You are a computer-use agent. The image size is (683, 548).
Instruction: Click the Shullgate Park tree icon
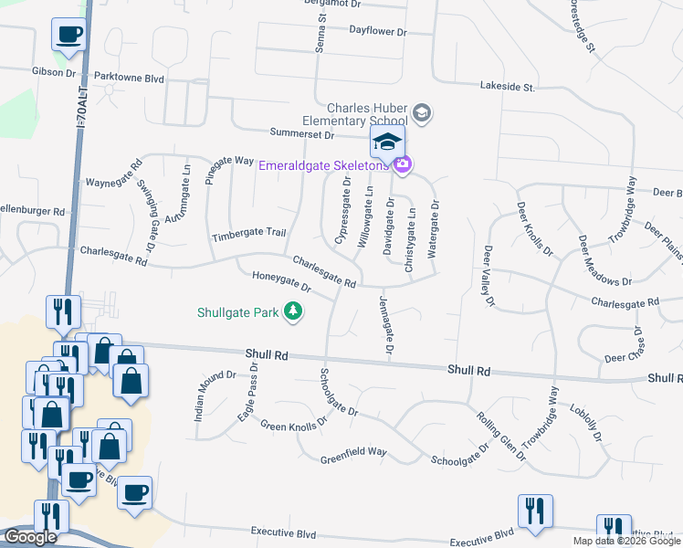tap(293, 312)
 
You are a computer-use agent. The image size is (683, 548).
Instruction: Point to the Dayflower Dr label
tap(377, 29)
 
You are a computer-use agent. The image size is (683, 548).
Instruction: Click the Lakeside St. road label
tap(507, 87)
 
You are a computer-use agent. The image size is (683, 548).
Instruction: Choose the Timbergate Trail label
tap(249, 234)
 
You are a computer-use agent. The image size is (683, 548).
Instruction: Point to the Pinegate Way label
tap(229, 162)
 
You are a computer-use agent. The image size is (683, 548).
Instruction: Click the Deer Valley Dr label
tap(489, 275)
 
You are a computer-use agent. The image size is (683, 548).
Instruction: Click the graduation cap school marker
tap(387, 142)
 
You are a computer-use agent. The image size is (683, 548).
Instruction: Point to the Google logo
tap(31, 537)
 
